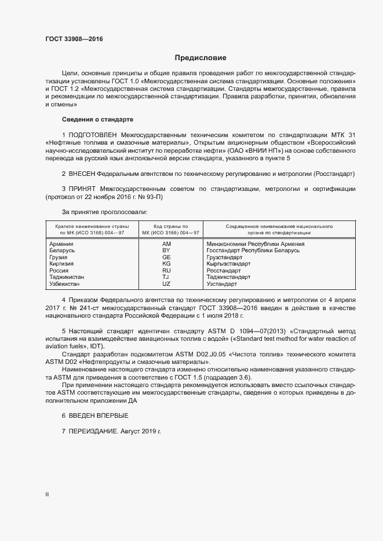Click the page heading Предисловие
tap(200, 58)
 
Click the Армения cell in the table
tap(61, 244)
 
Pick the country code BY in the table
tap(166, 251)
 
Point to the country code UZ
tap(166, 284)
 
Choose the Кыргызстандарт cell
tap(228, 264)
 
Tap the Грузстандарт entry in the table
tap(224, 257)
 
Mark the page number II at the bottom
tap(47, 495)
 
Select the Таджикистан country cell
tap(67, 277)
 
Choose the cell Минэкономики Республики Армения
tap(256, 244)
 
